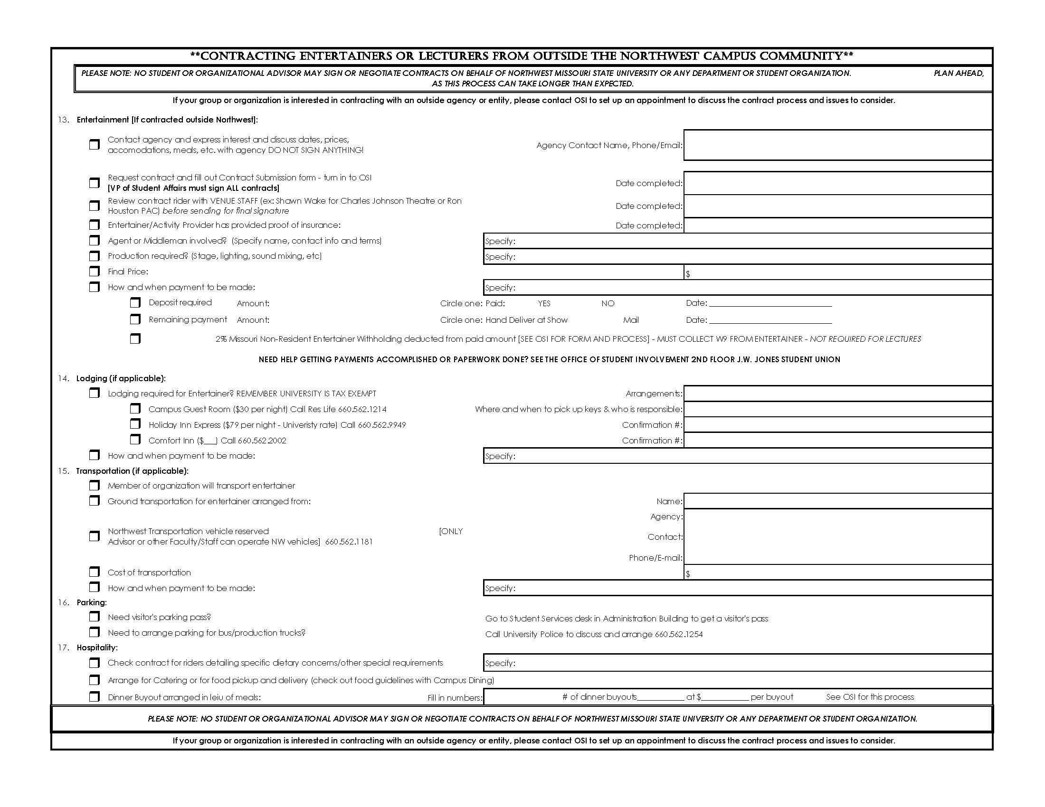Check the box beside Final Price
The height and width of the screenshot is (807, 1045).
coord(94,272)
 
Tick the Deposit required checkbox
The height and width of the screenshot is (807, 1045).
coord(135,303)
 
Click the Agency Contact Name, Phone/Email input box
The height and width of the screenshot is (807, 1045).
coord(837,145)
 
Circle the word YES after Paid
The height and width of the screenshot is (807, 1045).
coord(544,304)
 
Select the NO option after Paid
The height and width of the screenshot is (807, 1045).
coord(608,304)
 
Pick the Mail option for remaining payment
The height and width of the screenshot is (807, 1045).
coord(631,320)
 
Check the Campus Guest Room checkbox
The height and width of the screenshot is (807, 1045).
coord(135,409)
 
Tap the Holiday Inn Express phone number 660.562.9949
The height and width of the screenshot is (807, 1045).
coord(382,425)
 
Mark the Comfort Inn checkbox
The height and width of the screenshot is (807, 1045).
coord(135,440)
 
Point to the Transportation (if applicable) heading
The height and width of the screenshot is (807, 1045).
coord(132,471)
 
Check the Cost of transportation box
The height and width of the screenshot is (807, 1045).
coord(94,572)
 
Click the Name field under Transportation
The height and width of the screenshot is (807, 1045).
coord(837,501)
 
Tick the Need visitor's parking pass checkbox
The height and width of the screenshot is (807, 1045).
coord(94,617)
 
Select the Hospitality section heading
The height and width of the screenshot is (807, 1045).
coord(97,648)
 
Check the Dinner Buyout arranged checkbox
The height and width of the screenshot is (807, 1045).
coord(94,697)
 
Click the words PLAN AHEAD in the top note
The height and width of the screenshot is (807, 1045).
coord(959,74)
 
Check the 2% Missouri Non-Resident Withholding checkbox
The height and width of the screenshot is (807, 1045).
coord(135,339)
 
